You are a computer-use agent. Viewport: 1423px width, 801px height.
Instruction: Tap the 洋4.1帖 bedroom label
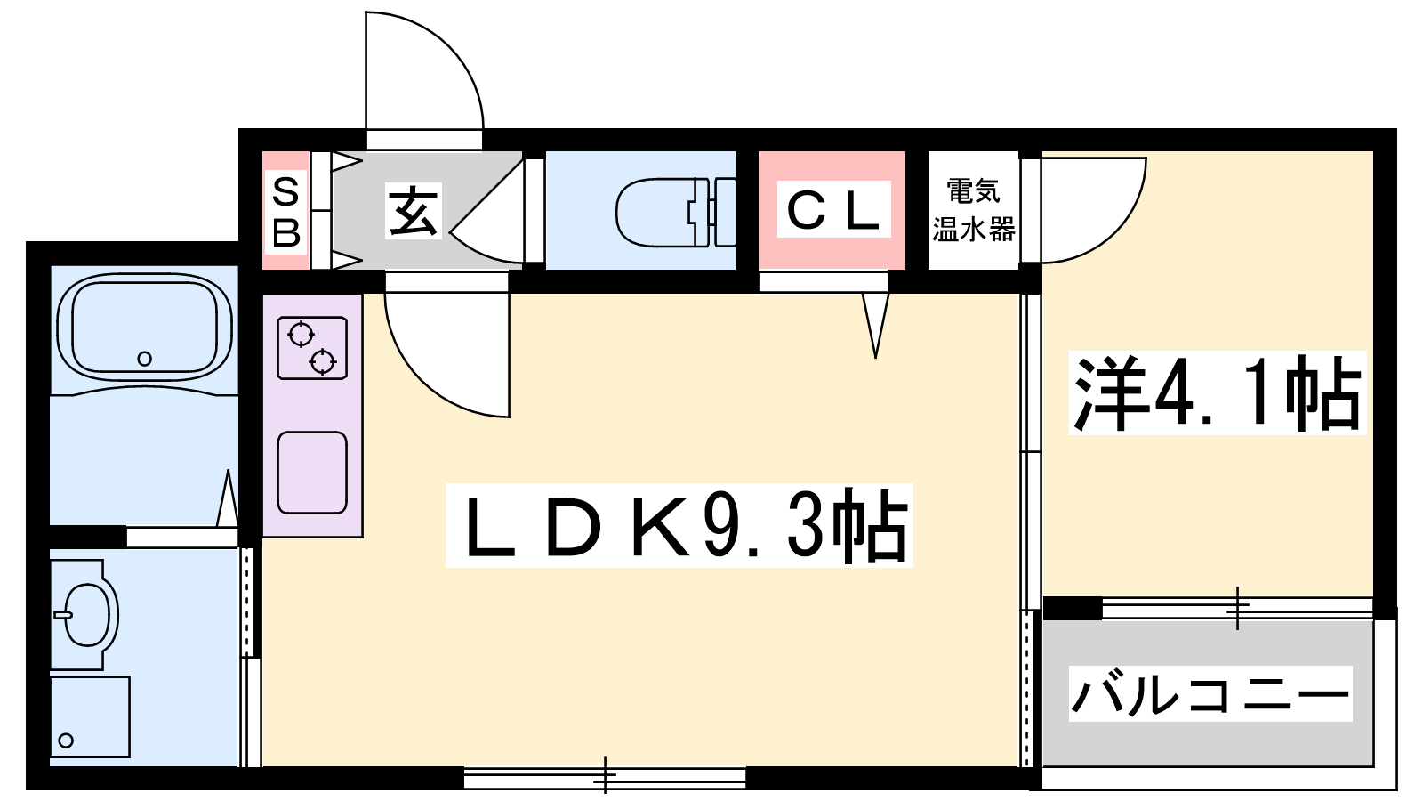1218,392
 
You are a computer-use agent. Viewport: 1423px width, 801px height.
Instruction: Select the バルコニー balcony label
1210,693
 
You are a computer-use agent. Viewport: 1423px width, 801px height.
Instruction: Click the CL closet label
833,209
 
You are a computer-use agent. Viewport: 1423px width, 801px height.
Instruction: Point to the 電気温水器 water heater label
973,210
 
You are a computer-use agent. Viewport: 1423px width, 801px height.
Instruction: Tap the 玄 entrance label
413,211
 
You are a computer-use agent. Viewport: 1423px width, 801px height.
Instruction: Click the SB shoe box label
285,212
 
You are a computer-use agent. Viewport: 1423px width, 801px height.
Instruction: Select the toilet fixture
675,213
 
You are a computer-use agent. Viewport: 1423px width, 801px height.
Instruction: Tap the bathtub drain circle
144,359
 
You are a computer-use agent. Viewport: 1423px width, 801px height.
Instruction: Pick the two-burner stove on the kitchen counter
312,348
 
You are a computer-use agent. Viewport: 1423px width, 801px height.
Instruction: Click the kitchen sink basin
312,473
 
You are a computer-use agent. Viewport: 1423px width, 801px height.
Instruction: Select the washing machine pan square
90,716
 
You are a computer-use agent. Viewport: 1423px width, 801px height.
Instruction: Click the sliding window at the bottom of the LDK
605,777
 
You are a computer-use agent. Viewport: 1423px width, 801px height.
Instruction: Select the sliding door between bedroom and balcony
1237,608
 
